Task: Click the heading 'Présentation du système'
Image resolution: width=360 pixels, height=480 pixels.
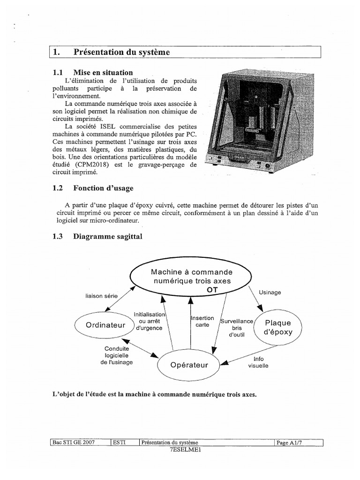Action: [x=121, y=52]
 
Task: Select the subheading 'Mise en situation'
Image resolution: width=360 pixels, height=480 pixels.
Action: [x=103, y=73]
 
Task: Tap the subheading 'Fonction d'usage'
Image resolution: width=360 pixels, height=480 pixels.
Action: [x=103, y=188]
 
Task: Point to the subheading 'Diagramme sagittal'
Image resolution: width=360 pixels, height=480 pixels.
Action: [x=107, y=237]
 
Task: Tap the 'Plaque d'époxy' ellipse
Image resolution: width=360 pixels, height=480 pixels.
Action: [x=278, y=327]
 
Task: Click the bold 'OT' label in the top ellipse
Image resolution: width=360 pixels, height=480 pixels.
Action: [x=212, y=290]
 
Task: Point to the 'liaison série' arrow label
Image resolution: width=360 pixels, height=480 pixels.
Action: [x=101, y=296]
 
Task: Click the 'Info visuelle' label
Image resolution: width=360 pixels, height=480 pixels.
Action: [x=258, y=362]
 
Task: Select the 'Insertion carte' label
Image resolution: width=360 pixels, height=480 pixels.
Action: [x=202, y=321]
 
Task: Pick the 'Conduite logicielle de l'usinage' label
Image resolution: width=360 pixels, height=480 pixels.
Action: [x=116, y=355]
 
